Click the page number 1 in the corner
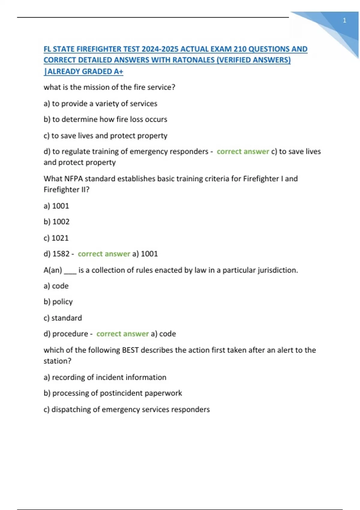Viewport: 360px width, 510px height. [344, 20]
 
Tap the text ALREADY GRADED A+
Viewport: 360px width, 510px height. [85, 71]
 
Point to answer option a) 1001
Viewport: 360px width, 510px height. [56, 206]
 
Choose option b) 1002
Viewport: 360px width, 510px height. [56, 222]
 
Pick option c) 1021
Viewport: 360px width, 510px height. [56, 238]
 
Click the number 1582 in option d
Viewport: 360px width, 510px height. [61, 254]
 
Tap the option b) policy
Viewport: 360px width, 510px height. [58, 302]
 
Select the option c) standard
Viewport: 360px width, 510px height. [63, 318]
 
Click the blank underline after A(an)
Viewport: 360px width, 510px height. [70, 271]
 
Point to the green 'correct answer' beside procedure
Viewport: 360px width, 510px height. [122, 334]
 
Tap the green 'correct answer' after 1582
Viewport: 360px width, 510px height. [104, 254]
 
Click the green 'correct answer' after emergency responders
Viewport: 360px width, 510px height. [243, 151]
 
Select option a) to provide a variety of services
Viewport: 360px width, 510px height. [100, 103]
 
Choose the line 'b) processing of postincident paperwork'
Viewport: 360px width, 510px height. [113, 393]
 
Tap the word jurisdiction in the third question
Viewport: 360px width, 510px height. [278, 270]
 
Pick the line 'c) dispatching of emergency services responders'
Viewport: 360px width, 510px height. [127, 409]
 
